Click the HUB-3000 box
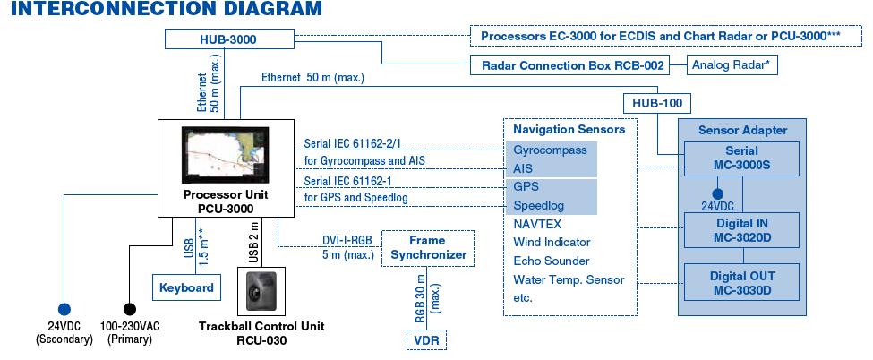pos(230,39)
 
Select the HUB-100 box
pos(657,103)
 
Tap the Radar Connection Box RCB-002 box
pos(569,65)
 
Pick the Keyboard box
pos(186,287)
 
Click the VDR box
pos(426,340)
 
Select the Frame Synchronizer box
pos(427,248)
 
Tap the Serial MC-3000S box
pos(741,159)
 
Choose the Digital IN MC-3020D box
pos(741,231)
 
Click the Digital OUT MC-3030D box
pos(741,284)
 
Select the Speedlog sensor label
pos(538,206)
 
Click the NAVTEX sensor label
pos(537,224)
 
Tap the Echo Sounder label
pos(552,261)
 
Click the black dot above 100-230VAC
pos(129,309)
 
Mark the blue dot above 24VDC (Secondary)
pos(64,309)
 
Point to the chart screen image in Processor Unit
pos(224,156)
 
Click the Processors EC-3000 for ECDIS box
pos(665,36)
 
